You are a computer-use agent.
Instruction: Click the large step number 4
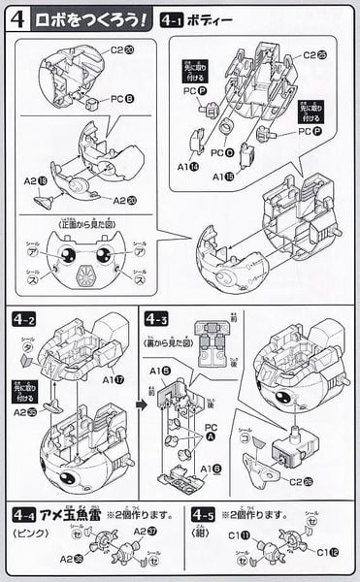coord(16,18)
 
